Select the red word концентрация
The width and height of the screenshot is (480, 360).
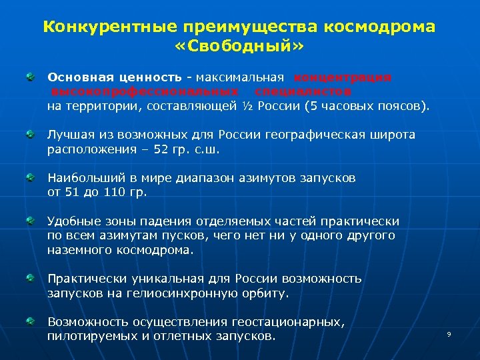click(343, 77)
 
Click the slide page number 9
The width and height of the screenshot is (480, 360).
click(449, 333)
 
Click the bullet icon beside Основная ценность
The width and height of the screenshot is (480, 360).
click(31, 78)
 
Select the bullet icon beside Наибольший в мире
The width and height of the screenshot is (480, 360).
click(31, 179)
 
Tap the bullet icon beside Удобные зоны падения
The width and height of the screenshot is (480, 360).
click(31, 221)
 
